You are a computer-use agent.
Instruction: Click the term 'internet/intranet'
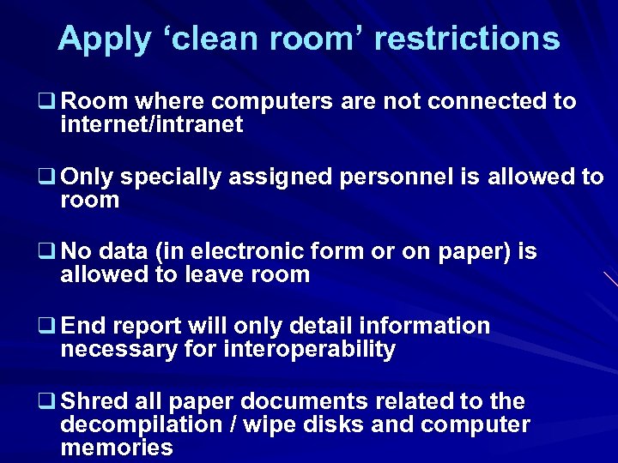[152, 125]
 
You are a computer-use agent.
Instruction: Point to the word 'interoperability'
[309, 350]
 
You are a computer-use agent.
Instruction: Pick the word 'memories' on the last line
[117, 448]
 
